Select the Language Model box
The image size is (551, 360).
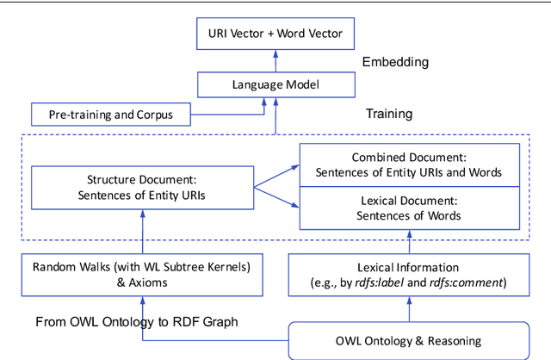[x=275, y=84]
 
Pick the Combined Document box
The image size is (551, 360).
[x=409, y=165]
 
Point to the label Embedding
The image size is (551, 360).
[x=395, y=62]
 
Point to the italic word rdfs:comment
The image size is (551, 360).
[x=474, y=283]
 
